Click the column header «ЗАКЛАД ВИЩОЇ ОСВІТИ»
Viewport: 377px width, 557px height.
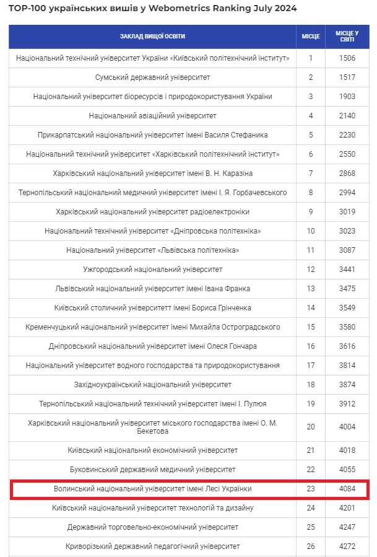tap(152, 37)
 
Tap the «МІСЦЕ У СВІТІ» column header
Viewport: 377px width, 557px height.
tap(347, 37)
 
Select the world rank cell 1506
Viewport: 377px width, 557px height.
tap(347, 58)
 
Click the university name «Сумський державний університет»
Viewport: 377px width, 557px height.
tap(152, 77)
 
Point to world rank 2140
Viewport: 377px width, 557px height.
tap(347, 116)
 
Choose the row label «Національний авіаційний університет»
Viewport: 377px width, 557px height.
tap(152, 116)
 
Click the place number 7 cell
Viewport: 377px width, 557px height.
tap(311, 173)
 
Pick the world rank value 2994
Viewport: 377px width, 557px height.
tap(347, 193)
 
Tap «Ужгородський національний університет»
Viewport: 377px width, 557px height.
tap(152, 270)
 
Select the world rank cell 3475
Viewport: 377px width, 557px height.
tap(347, 289)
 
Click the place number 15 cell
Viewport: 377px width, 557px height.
tap(311, 327)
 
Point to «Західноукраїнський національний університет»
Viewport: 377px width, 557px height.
tap(152, 385)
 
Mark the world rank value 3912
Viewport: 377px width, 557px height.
tap(347, 404)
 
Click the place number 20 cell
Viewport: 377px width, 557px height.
tap(311, 427)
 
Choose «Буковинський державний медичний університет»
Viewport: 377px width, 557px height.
tap(152, 470)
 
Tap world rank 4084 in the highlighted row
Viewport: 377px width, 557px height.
tap(347, 489)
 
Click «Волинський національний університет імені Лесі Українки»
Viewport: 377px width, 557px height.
tap(152, 489)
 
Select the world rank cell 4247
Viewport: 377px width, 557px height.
tap(347, 527)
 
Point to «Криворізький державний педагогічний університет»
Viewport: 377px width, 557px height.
tap(152, 546)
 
